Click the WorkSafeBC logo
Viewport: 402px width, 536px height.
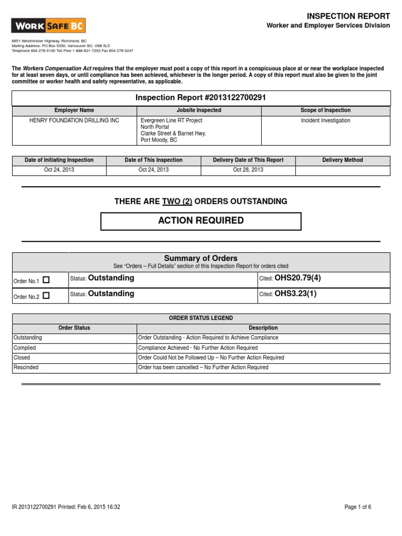[x=49, y=26]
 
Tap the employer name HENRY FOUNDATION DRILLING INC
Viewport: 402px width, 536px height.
[x=74, y=120]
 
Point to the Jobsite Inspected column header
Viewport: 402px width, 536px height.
[x=199, y=110]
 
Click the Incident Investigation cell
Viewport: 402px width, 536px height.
[x=326, y=120]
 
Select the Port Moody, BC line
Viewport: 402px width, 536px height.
[x=159, y=140]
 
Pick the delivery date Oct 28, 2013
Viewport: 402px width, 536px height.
[x=248, y=170]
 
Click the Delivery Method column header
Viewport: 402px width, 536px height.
[x=342, y=160]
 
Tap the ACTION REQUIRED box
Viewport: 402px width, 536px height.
[x=201, y=221]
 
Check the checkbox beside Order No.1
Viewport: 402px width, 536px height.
[x=46, y=280]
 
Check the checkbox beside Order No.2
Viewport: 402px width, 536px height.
[x=46, y=296]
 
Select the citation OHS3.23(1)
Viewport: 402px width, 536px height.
[x=295, y=294]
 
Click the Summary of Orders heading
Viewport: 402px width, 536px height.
[x=201, y=258]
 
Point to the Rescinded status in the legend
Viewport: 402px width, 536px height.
[x=25, y=367]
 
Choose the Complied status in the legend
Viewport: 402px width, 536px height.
[x=24, y=348]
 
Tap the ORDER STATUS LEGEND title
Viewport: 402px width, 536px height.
[x=201, y=318]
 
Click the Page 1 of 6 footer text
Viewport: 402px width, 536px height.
[x=358, y=507]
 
